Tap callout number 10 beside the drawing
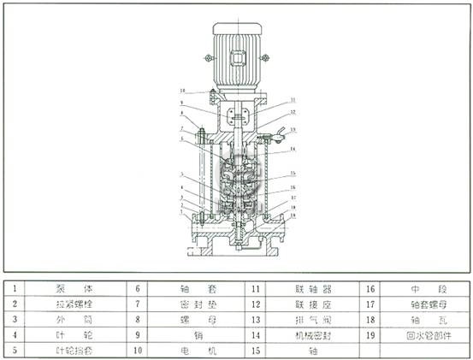pyautogui.click(x=182, y=90)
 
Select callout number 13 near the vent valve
pyautogui.click(x=293, y=129)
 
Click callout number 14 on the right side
pyautogui.click(x=292, y=149)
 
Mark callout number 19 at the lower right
pyautogui.click(x=291, y=216)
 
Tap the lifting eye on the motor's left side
pyautogui.click(x=208, y=59)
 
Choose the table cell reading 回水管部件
pyautogui.click(x=422, y=334)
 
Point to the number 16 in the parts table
pyautogui.click(x=372, y=289)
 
